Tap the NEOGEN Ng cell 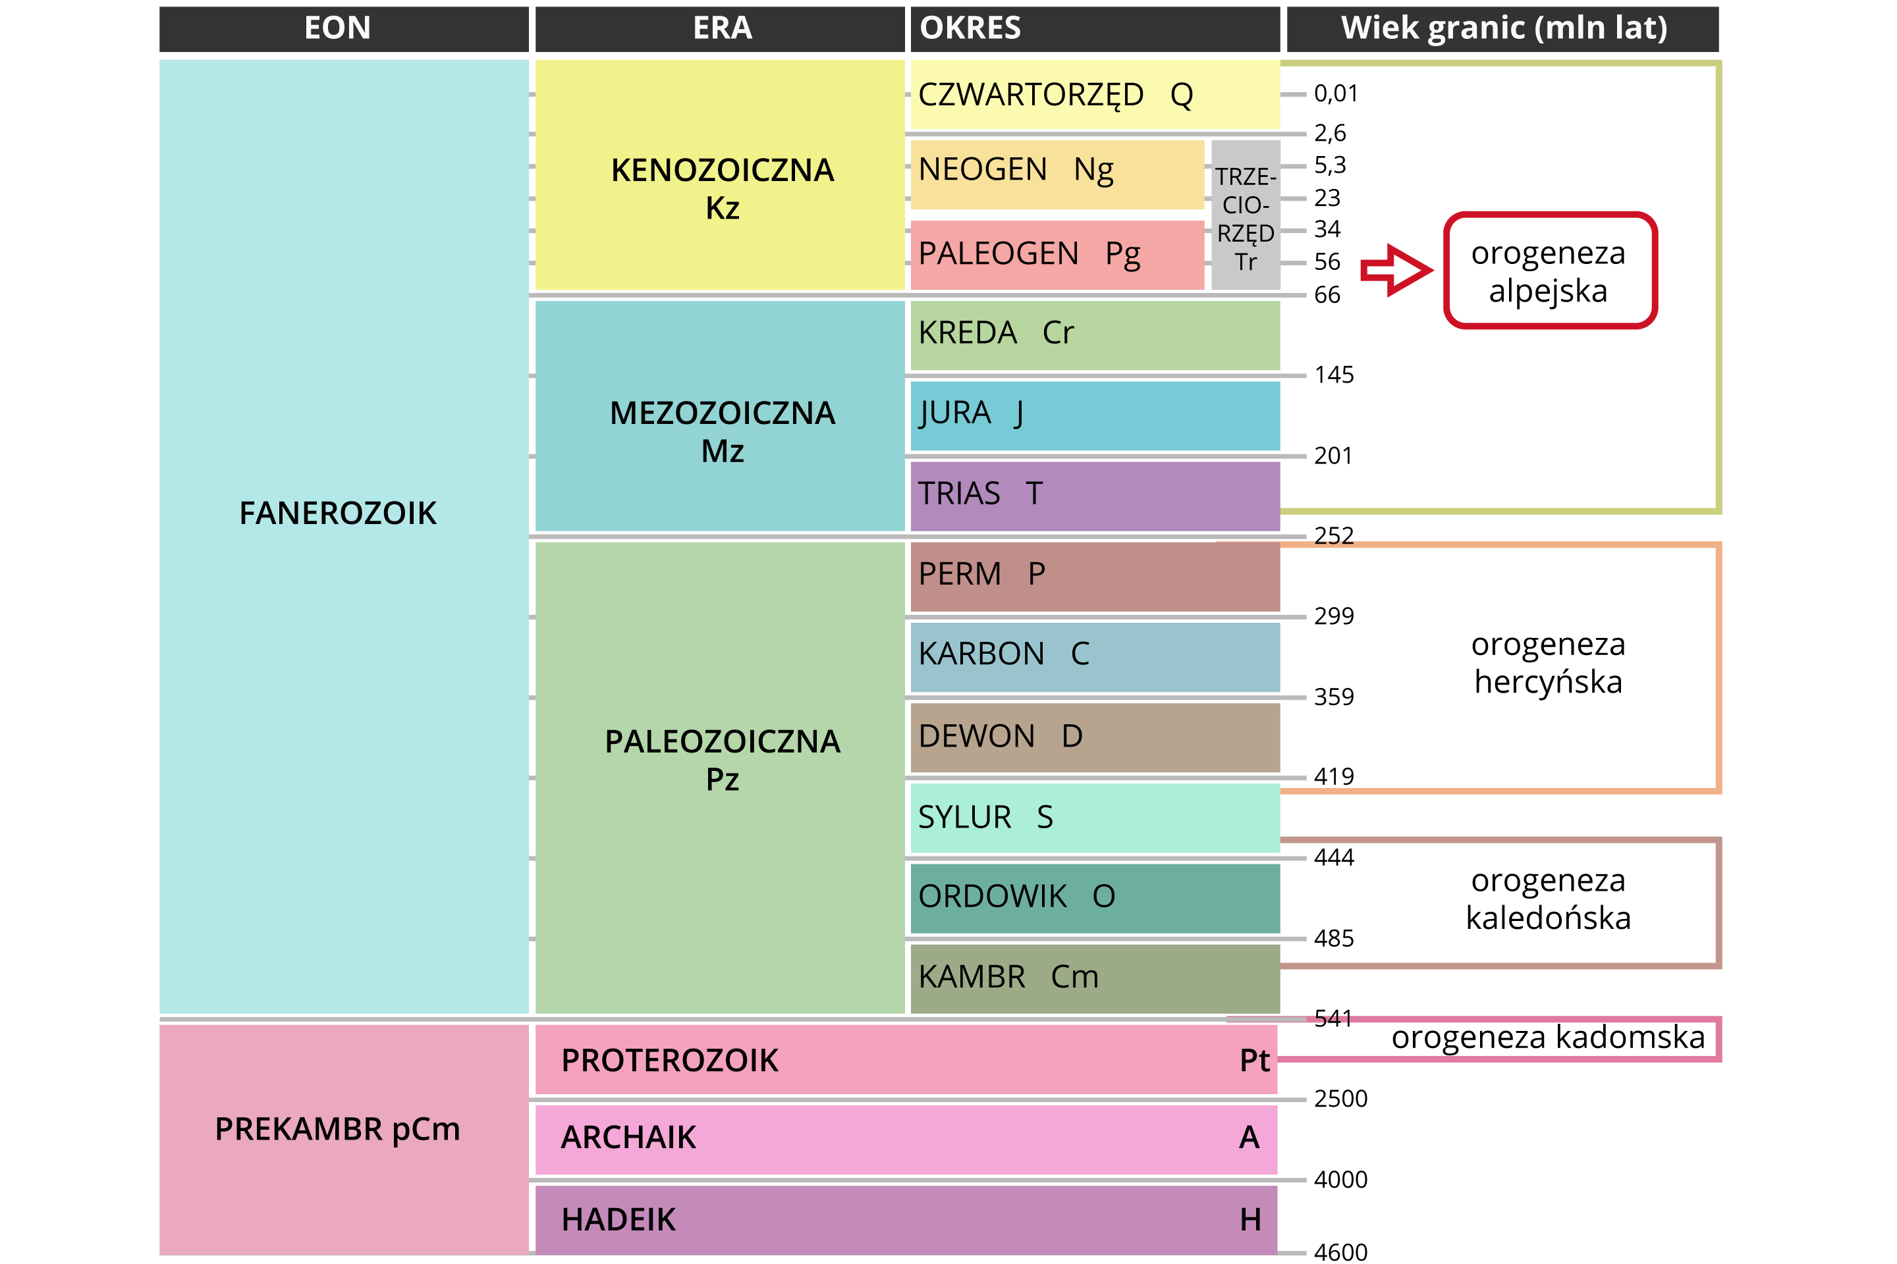[x=1057, y=174]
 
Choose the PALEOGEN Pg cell [x=1057, y=255]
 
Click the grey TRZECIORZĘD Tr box [x=1246, y=216]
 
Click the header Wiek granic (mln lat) [x=1502, y=29]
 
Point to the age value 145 [x=1333, y=375]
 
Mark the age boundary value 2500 [x=1340, y=1099]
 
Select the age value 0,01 [x=1336, y=93]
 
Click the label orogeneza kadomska [x=1547, y=1038]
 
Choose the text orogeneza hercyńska [x=1547, y=663]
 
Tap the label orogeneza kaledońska [x=1547, y=899]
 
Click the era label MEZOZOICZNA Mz [x=722, y=431]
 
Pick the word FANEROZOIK [x=337, y=513]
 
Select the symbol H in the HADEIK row [x=1250, y=1220]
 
